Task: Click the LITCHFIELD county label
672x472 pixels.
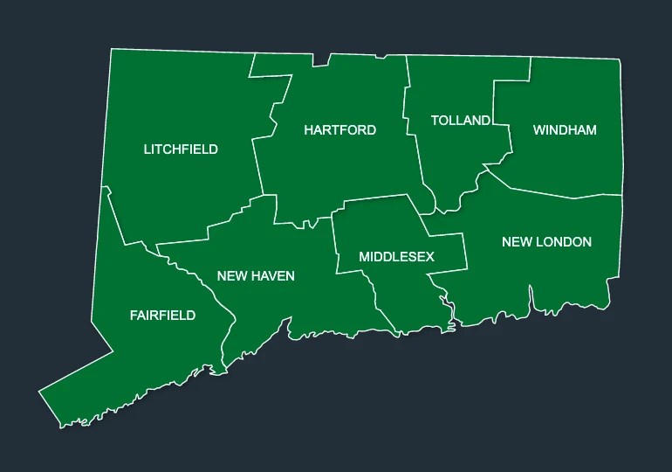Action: click(181, 149)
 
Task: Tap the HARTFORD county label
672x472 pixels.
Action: click(339, 130)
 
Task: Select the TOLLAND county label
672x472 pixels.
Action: click(460, 121)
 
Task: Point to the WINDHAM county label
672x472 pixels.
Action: click(565, 130)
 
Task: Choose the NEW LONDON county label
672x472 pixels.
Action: click(546, 242)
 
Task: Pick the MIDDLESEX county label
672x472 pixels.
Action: click(396, 257)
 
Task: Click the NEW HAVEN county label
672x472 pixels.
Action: click(256, 276)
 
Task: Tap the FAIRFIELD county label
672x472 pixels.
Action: click(162, 316)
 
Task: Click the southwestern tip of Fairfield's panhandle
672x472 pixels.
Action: click(40, 391)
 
